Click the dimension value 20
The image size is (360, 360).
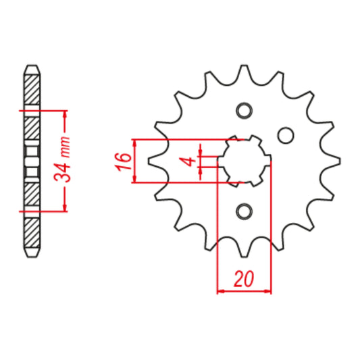[243, 278]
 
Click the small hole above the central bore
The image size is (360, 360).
[243, 110]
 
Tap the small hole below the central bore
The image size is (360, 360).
[243, 212]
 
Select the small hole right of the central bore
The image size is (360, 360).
[286, 135]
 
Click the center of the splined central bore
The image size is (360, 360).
[243, 161]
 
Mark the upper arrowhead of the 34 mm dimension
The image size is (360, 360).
[66, 113]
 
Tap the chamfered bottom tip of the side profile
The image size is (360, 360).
[32, 255]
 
